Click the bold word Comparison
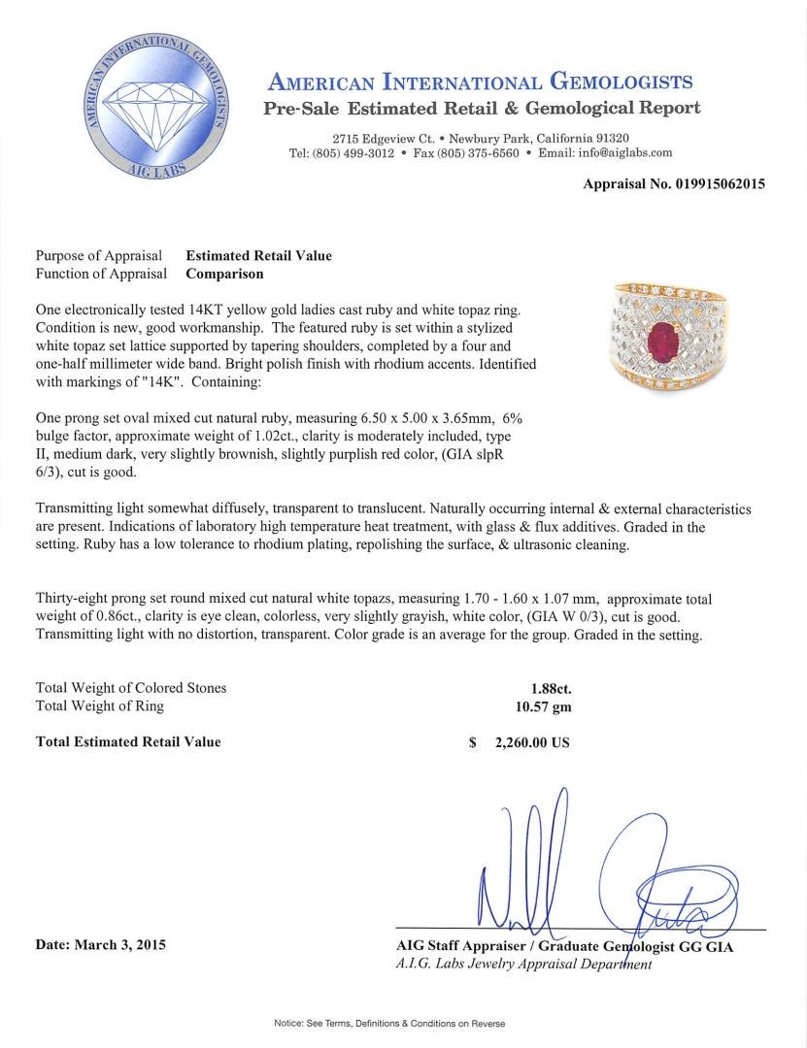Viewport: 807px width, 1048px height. tap(224, 274)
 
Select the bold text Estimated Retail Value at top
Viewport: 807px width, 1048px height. tap(258, 256)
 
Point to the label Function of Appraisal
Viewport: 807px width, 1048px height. tap(98, 274)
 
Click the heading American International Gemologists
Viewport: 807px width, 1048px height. tap(480, 82)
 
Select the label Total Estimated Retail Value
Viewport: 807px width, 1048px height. tap(128, 742)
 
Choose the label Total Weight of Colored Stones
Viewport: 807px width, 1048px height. tap(131, 688)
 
